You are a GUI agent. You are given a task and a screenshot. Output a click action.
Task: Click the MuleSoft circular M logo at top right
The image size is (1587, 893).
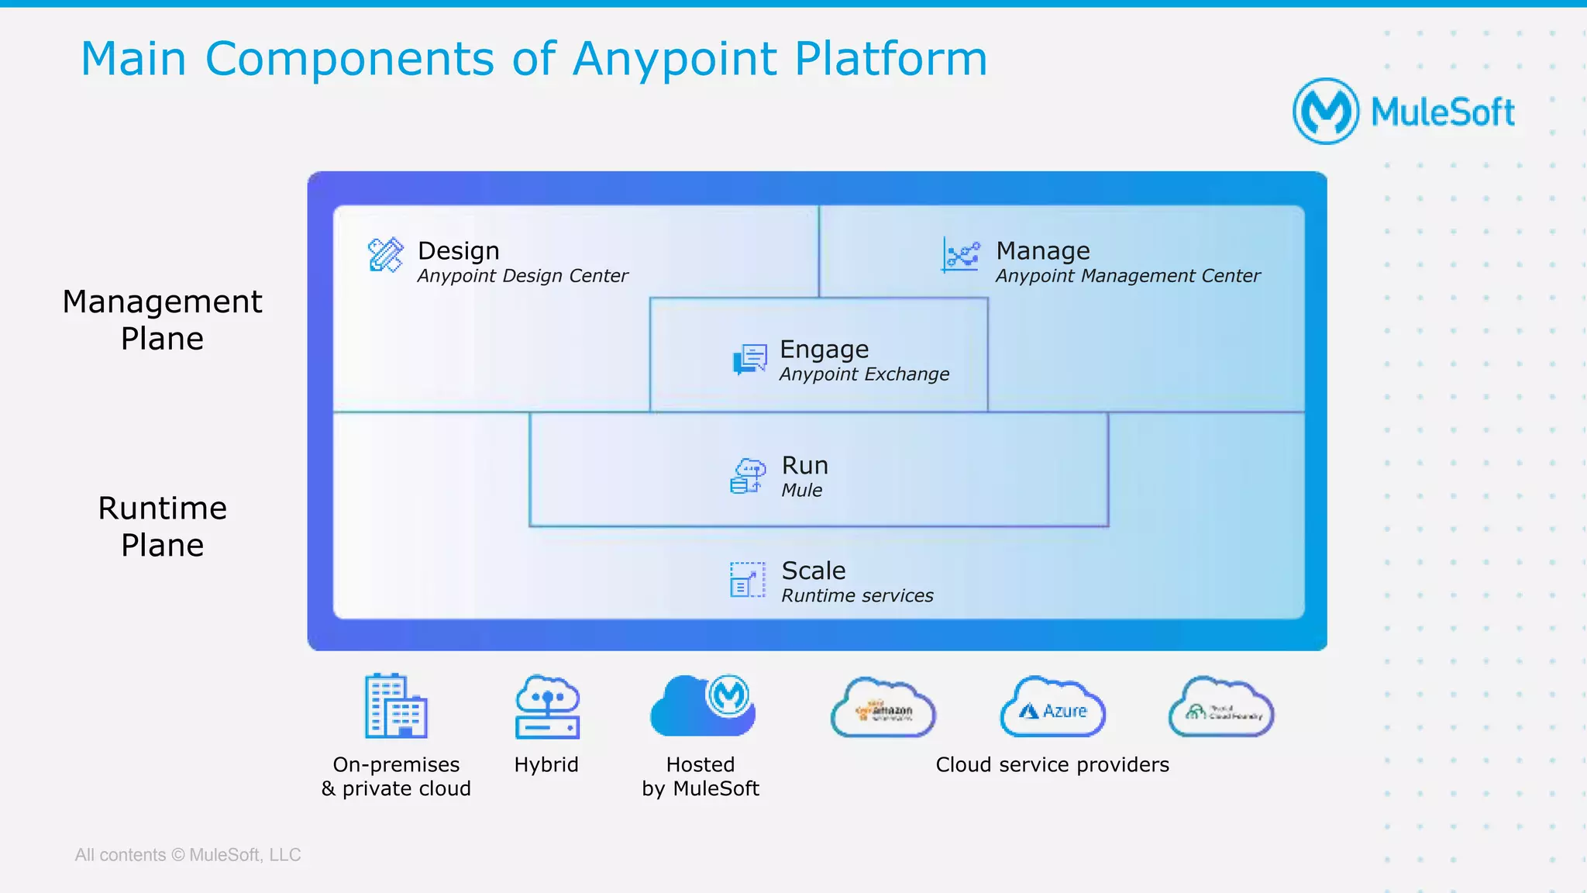coord(1326,111)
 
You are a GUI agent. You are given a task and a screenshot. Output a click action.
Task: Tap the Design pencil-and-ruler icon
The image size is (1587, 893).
coord(385,254)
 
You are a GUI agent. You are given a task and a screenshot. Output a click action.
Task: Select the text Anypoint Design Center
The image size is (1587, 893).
coord(522,276)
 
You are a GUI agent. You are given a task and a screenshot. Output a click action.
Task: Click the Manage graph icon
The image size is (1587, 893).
coord(961,254)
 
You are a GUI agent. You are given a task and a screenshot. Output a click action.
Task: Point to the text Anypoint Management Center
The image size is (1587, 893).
coord(1127,276)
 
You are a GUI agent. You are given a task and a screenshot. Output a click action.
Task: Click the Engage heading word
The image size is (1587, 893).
coord(824,350)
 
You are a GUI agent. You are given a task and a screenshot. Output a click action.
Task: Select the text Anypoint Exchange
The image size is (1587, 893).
coord(864,374)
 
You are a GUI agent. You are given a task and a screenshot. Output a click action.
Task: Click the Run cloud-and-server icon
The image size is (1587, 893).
coord(748,475)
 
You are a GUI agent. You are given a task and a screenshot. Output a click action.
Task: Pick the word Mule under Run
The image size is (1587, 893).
coord(801,490)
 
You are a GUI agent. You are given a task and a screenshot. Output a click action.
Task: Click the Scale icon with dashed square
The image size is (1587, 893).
coord(747,580)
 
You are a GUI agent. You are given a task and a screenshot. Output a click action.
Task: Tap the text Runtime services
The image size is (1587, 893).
coord(857,595)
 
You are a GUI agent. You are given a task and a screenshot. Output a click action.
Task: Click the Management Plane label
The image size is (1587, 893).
coord(162,320)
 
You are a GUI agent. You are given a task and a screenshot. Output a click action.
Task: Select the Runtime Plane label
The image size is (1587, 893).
coord(162,526)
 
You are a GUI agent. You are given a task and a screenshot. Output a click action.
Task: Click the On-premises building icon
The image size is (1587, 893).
coord(396,706)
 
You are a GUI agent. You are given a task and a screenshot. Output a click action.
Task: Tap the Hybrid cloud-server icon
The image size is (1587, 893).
coord(547,706)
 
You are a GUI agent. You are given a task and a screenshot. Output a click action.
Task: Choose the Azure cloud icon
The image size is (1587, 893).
coord(1053,708)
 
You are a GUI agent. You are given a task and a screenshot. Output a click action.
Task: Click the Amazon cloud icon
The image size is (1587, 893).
coord(883,708)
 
